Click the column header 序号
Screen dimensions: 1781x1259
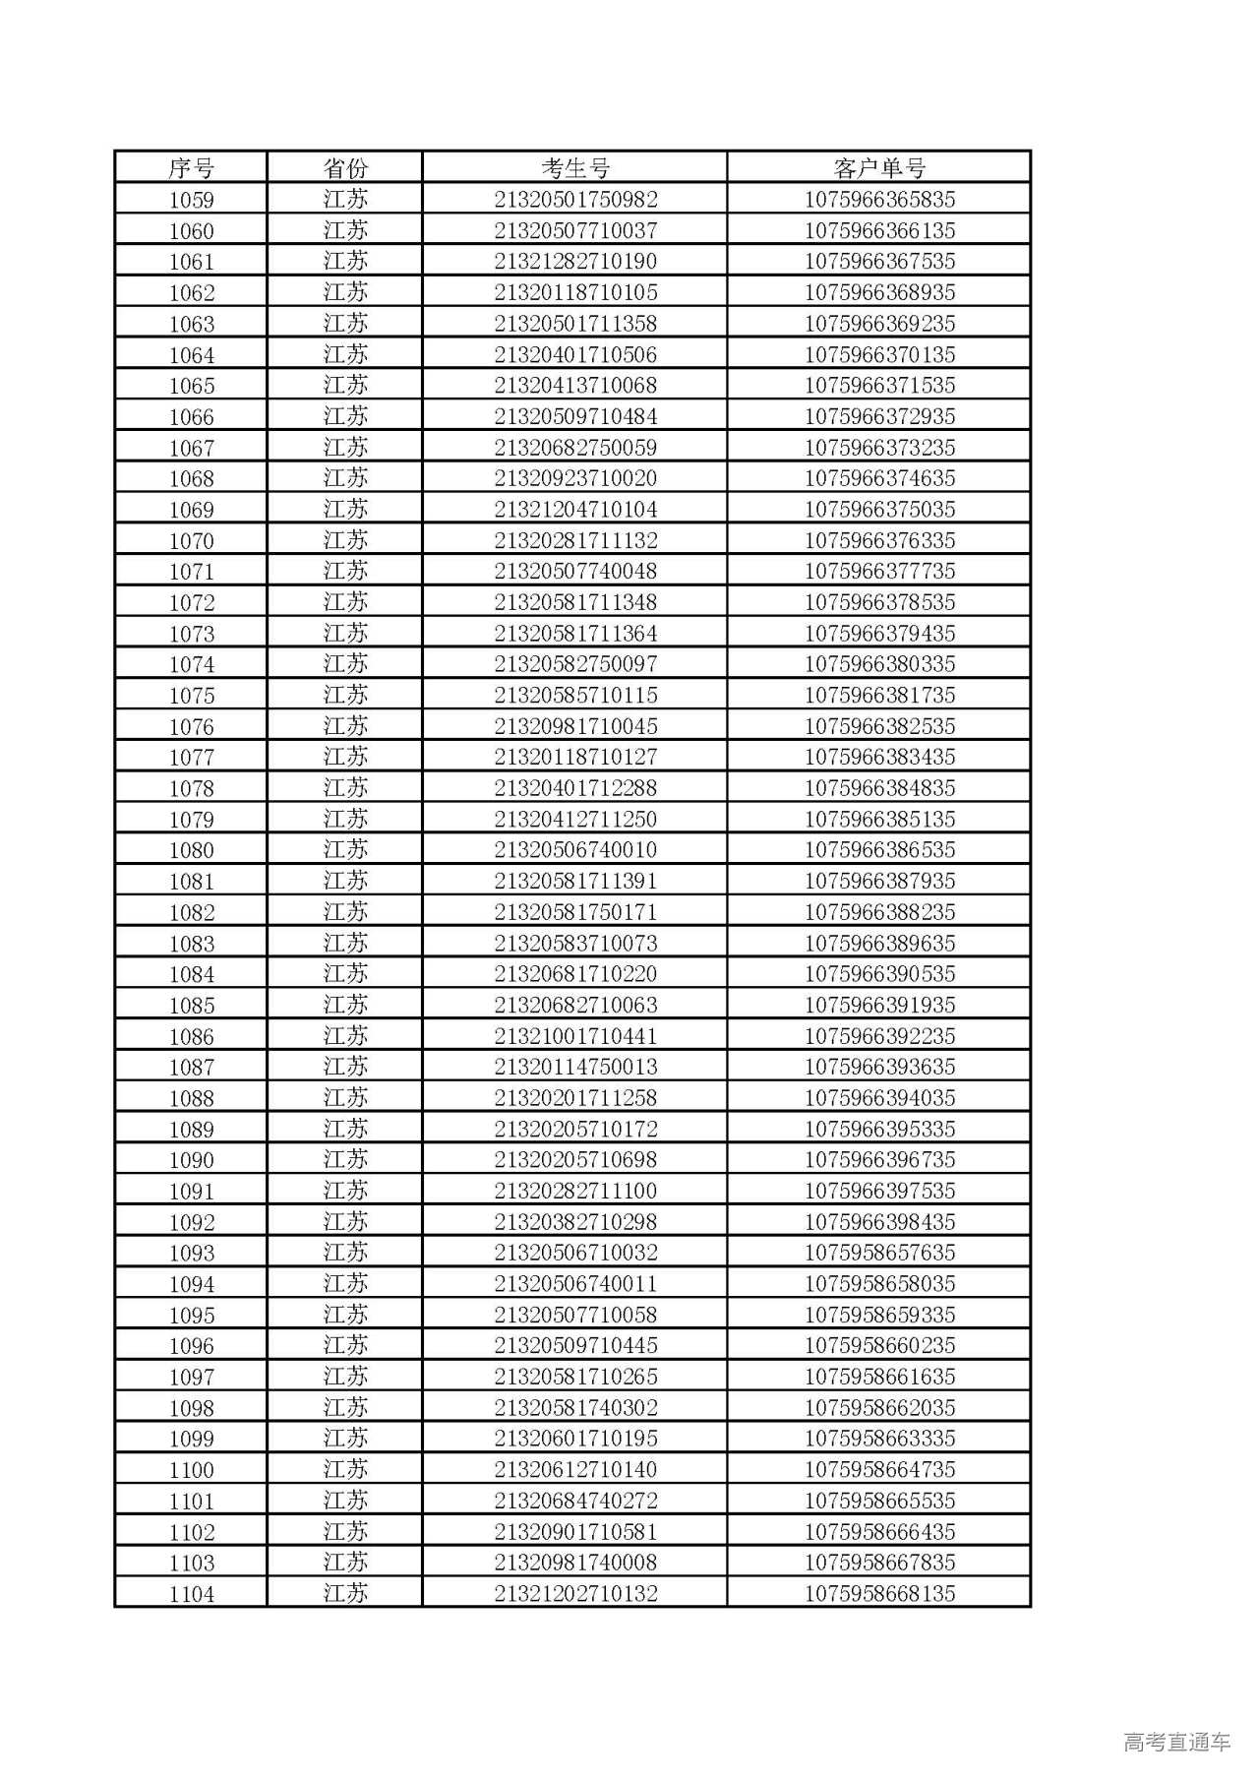click(191, 168)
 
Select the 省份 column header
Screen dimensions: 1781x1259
click(345, 168)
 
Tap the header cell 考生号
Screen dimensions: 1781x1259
click(575, 168)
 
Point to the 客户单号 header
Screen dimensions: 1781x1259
click(879, 168)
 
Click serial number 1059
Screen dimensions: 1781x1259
click(191, 200)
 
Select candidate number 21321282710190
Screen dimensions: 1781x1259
click(575, 262)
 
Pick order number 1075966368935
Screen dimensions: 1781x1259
click(879, 292)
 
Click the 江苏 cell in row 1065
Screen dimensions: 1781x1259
click(345, 386)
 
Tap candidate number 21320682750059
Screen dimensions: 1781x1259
click(575, 448)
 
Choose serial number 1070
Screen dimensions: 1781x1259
click(191, 540)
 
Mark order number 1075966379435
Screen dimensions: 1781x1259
click(879, 634)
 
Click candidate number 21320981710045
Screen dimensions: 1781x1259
click(575, 726)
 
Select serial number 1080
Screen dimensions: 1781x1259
click(191, 850)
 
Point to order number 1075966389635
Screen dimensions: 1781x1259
click(879, 943)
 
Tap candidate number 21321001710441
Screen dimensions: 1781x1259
click(575, 1036)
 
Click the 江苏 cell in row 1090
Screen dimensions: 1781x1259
click(345, 1160)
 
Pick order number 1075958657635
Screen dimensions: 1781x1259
click(879, 1253)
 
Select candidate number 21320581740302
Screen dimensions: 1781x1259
click(575, 1407)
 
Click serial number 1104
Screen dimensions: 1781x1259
click(191, 1594)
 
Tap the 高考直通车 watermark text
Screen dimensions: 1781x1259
click(1176, 1742)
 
